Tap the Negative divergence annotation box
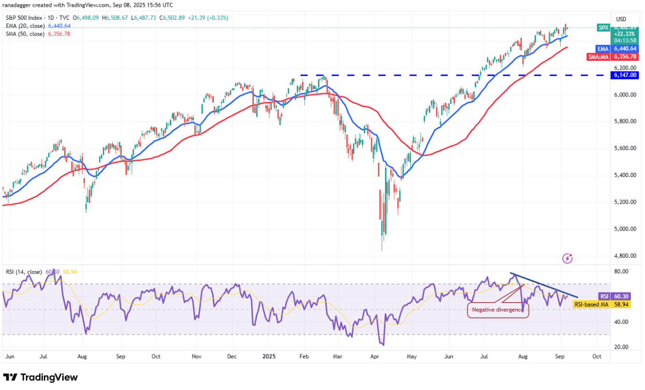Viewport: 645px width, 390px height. (x=498, y=310)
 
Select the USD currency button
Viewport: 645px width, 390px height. (x=621, y=19)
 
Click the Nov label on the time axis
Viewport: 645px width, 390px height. (x=196, y=357)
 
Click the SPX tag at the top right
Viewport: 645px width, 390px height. (x=604, y=28)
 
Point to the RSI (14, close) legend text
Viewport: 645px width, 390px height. (x=24, y=272)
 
